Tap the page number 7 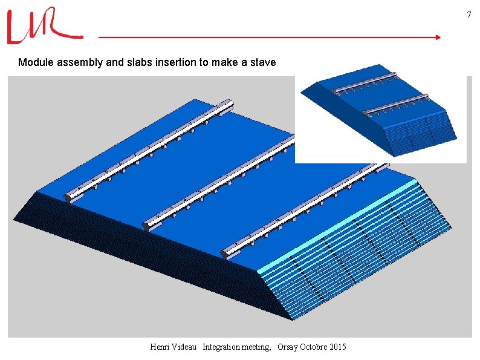[468, 15]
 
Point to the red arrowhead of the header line [437, 38]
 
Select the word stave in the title [263, 62]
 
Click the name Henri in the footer [161, 347]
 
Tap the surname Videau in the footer [186, 347]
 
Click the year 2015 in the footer [337, 347]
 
